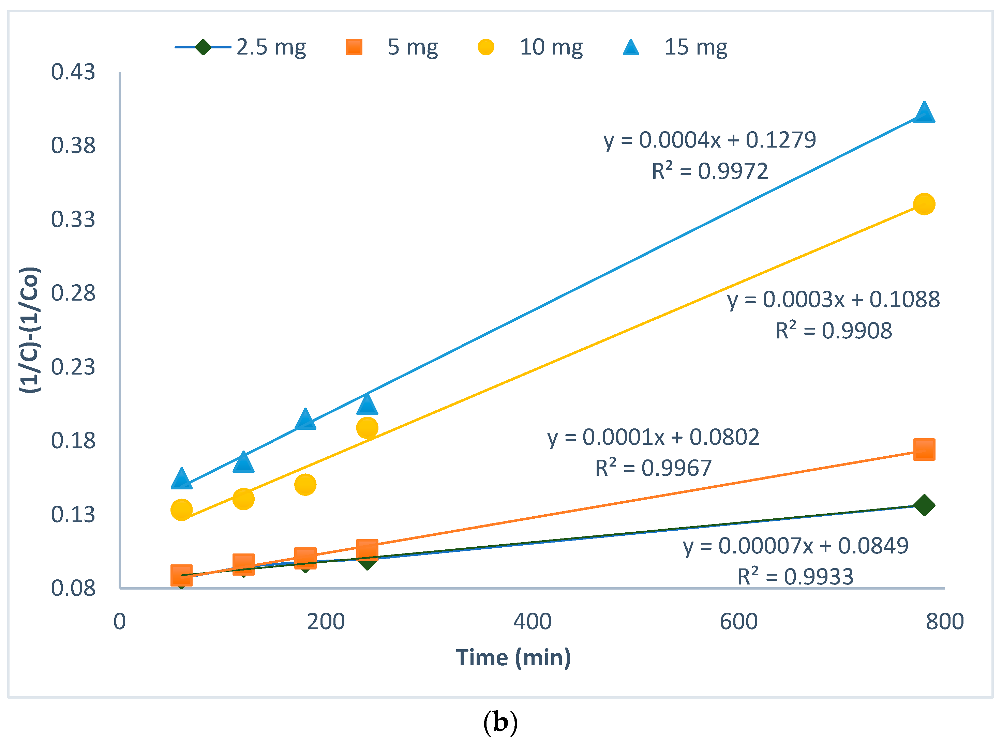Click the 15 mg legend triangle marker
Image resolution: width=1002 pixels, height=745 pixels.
coord(631,47)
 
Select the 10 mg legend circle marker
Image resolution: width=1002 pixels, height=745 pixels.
coord(485,47)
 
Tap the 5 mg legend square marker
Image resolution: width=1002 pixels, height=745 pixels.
coord(354,47)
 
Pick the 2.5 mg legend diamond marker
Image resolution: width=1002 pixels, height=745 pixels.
coord(203,47)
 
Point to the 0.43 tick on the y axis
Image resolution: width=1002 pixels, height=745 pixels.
coord(73,72)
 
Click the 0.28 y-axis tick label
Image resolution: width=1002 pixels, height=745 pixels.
coord(73,293)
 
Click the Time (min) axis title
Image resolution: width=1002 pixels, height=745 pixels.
coord(513,657)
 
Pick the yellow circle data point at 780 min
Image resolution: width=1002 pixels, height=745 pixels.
coord(924,204)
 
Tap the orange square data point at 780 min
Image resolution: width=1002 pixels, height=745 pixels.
coord(924,449)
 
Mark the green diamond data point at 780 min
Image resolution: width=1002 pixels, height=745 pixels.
coord(924,505)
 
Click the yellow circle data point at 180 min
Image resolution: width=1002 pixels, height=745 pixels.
coord(305,485)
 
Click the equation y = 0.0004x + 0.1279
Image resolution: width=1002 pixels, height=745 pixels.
coord(710,140)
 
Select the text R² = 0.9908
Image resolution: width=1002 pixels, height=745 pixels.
coord(834,331)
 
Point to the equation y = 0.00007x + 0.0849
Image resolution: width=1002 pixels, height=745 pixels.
coord(795,546)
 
